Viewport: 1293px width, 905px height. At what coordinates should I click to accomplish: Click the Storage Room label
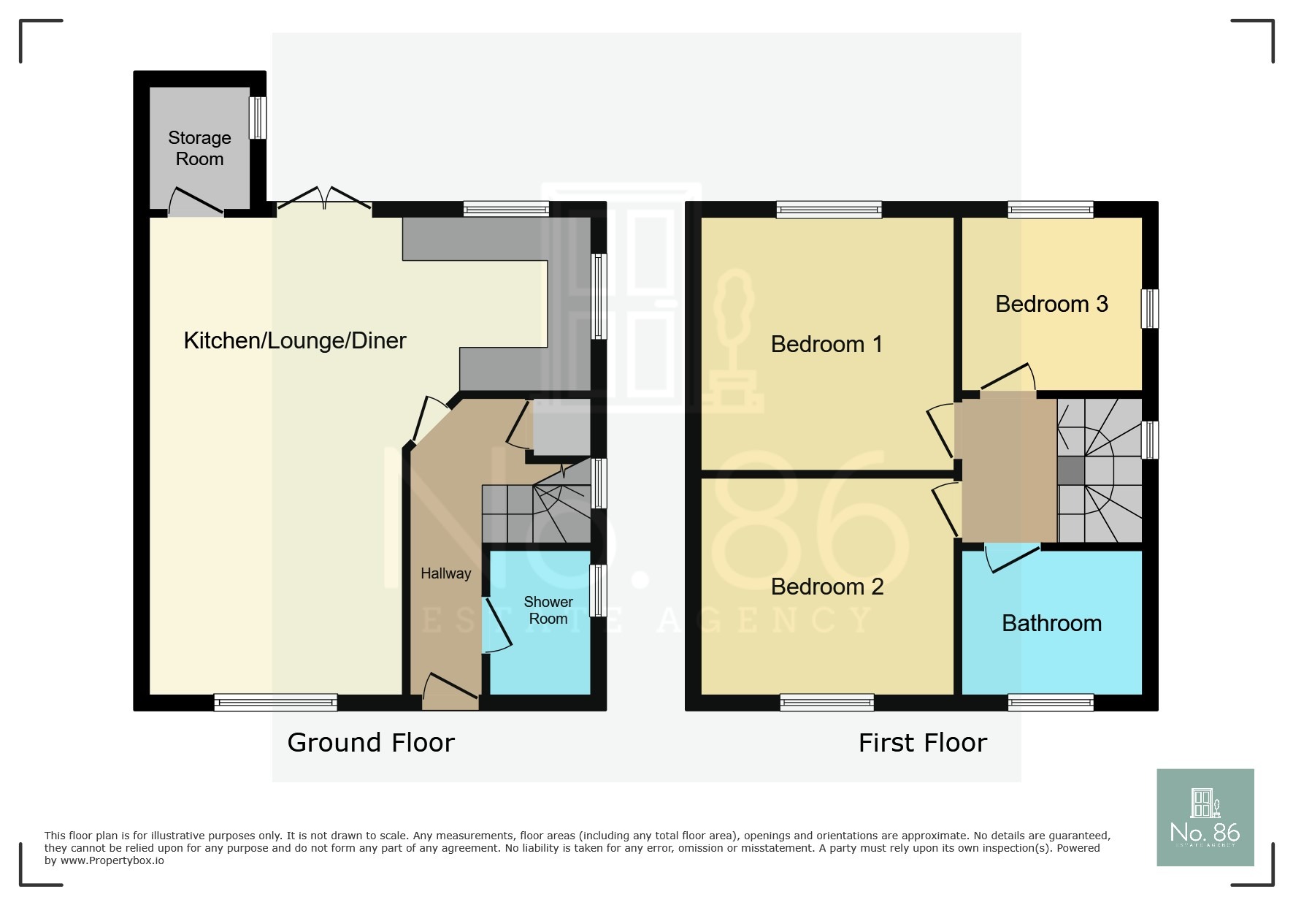[x=199, y=148]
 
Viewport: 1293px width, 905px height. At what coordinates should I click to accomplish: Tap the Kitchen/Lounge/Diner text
[x=294, y=340]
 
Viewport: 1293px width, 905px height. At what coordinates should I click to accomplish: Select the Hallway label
[x=445, y=573]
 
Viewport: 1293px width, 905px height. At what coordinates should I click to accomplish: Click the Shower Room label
[x=548, y=610]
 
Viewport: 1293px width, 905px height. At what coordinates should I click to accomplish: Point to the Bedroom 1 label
[x=826, y=344]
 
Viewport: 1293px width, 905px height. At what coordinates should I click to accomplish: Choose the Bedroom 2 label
[x=826, y=587]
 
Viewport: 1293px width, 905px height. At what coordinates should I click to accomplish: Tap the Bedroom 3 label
[x=1051, y=304]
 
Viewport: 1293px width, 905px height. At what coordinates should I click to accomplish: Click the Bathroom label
[x=1051, y=623]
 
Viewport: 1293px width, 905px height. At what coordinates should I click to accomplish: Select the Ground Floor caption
[x=371, y=743]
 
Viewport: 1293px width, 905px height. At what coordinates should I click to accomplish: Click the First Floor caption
[x=922, y=743]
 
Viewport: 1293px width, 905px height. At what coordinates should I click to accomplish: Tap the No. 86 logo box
[x=1205, y=817]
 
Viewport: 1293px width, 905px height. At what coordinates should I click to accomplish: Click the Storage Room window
[x=258, y=118]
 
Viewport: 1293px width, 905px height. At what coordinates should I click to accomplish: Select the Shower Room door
[x=496, y=625]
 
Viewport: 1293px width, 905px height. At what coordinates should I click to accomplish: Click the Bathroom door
[x=1012, y=558]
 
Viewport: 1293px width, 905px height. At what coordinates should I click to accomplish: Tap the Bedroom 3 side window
[x=1149, y=308]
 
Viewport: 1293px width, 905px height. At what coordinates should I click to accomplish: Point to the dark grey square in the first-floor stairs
[x=1070, y=470]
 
